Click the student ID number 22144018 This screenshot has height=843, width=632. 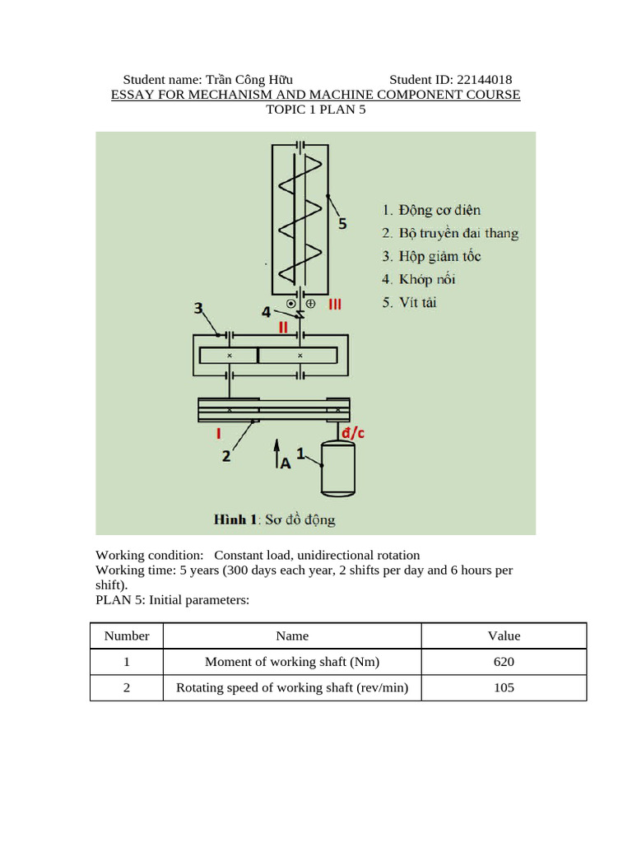(x=479, y=80)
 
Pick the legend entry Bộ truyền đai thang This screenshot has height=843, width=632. (x=450, y=234)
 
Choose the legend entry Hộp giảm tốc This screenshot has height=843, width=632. (x=431, y=257)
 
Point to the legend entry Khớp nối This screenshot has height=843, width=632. (x=419, y=280)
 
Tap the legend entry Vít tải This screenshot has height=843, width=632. (x=409, y=303)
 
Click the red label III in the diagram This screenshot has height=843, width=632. (x=335, y=305)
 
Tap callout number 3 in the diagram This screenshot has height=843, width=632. (x=198, y=308)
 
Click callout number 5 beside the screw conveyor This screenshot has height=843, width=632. (x=342, y=222)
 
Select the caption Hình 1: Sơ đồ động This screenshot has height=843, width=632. (x=274, y=519)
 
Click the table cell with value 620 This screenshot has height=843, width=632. (x=504, y=662)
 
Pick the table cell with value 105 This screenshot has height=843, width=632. (x=504, y=687)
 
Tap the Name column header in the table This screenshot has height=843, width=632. (x=292, y=636)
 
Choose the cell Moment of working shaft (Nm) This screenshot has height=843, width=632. (x=292, y=662)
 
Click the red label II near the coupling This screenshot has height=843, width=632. (x=282, y=327)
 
